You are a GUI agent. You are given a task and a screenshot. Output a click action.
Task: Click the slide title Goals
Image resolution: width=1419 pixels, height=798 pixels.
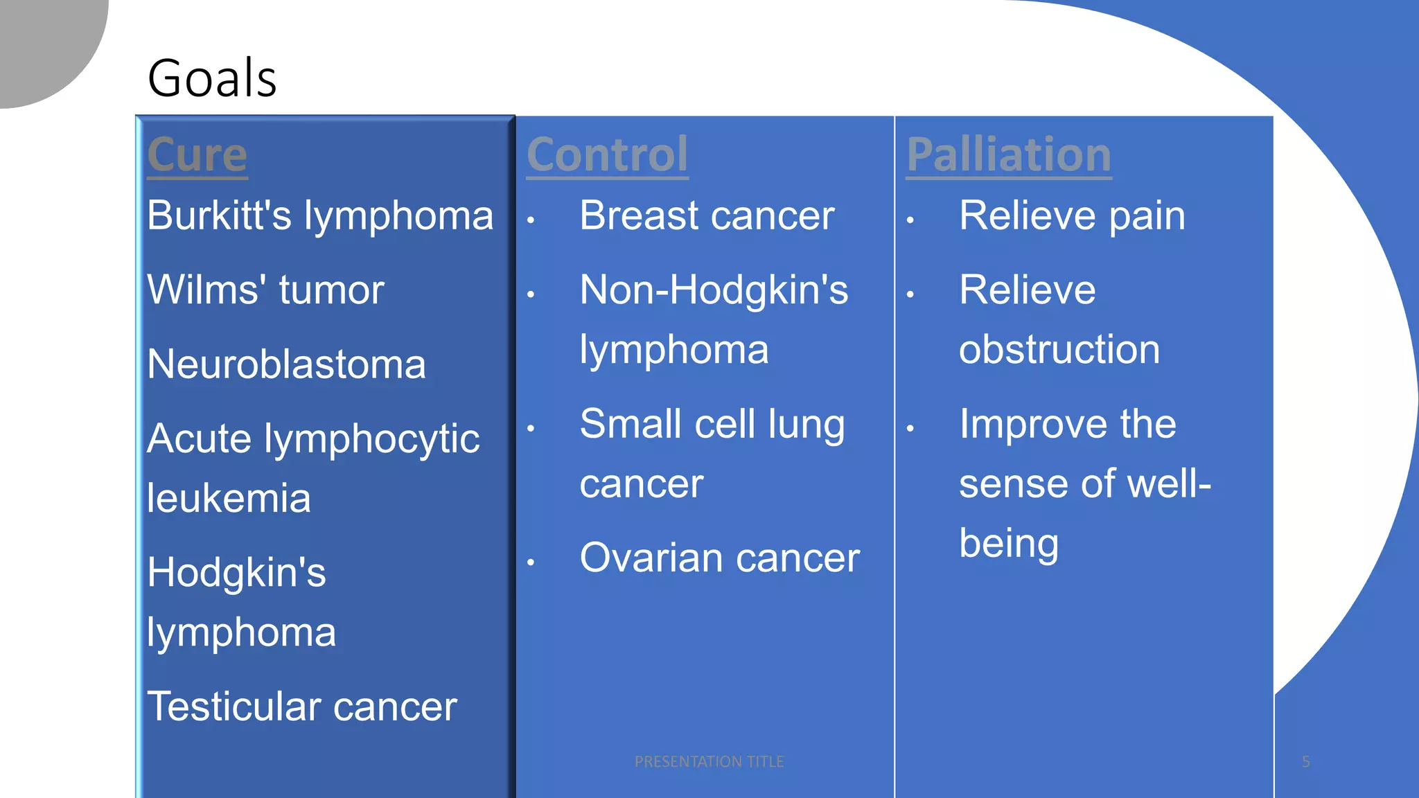(x=212, y=78)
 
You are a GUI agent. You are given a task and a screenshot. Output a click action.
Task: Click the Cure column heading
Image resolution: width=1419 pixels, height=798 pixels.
(x=197, y=154)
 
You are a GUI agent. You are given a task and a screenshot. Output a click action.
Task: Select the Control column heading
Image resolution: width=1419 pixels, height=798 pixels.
(x=607, y=154)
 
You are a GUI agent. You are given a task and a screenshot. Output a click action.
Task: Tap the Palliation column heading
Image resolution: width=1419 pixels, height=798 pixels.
(x=1009, y=154)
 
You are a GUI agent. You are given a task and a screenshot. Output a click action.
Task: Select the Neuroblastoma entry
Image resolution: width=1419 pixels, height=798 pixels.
(x=286, y=364)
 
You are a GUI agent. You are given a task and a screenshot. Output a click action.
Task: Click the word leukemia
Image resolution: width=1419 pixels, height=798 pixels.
(x=229, y=499)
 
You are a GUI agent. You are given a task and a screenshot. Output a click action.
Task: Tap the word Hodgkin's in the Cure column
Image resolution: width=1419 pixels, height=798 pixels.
(x=236, y=573)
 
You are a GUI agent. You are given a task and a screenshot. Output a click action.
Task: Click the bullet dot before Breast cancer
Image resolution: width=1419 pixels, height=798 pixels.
(x=531, y=221)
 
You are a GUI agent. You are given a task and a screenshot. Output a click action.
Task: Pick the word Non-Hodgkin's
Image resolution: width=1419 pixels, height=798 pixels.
(x=714, y=290)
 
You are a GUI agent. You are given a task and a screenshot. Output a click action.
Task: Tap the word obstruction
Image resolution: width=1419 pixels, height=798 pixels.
(x=1059, y=349)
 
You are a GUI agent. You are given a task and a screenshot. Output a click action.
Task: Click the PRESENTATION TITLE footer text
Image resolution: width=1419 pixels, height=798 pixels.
(x=709, y=762)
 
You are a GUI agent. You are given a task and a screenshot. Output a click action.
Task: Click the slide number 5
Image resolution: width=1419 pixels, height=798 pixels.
(x=1306, y=762)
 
